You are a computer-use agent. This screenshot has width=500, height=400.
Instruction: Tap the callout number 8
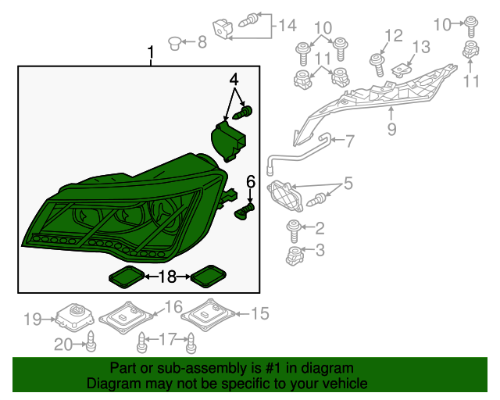click(x=202, y=41)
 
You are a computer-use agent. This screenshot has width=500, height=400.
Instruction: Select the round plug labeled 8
click(x=174, y=43)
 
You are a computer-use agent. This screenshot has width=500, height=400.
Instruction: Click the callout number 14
click(x=287, y=25)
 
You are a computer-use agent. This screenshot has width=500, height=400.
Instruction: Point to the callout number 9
click(x=391, y=129)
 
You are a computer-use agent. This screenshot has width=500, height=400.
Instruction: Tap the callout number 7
click(x=350, y=141)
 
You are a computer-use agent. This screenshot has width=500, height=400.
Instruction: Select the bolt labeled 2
click(x=294, y=230)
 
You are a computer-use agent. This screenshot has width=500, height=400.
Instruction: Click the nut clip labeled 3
click(x=294, y=256)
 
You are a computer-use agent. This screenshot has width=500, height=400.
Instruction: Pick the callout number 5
click(x=348, y=184)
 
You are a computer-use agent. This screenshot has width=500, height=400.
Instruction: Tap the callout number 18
click(x=167, y=277)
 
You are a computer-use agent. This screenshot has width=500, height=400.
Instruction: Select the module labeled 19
click(x=75, y=316)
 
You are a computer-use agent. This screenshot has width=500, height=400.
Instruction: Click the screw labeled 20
click(x=91, y=341)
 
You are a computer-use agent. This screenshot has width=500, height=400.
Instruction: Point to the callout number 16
click(x=173, y=307)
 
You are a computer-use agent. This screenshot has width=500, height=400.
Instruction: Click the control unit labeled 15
click(x=208, y=315)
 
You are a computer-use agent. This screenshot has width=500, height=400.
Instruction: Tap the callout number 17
click(x=168, y=339)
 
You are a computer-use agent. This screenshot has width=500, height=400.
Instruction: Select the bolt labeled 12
click(x=377, y=65)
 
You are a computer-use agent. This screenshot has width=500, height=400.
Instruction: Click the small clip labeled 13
click(x=402, y=71)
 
